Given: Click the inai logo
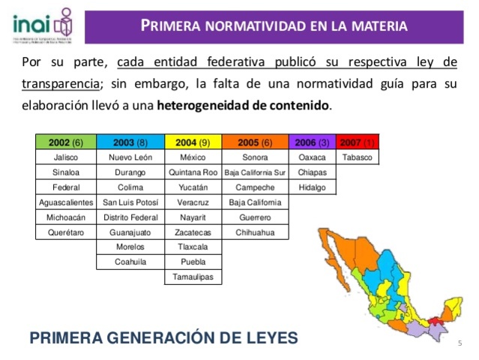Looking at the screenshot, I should pos(42,24).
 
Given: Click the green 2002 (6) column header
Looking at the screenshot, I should pos(66,142).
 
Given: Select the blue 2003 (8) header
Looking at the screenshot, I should pos(130,142).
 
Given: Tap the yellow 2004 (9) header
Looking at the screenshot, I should pos(193,142).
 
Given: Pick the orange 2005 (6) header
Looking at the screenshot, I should pos(255,142).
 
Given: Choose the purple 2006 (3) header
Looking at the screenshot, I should pos(313,142).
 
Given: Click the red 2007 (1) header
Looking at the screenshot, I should pos(358,142).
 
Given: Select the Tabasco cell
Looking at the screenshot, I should pos(358,157).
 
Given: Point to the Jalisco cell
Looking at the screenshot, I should pos(66,157).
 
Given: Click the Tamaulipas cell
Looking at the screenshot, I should pos(193,277).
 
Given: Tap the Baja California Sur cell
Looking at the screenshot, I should pos(255,172).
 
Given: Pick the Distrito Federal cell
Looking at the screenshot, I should pos(130,217).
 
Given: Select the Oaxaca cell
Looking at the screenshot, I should pos(313,157).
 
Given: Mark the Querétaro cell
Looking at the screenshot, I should pos(66,232).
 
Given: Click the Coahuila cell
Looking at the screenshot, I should pos(130,262).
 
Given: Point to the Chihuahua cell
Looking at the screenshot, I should pos(255,232).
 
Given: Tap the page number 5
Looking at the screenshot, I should pos(459,342).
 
